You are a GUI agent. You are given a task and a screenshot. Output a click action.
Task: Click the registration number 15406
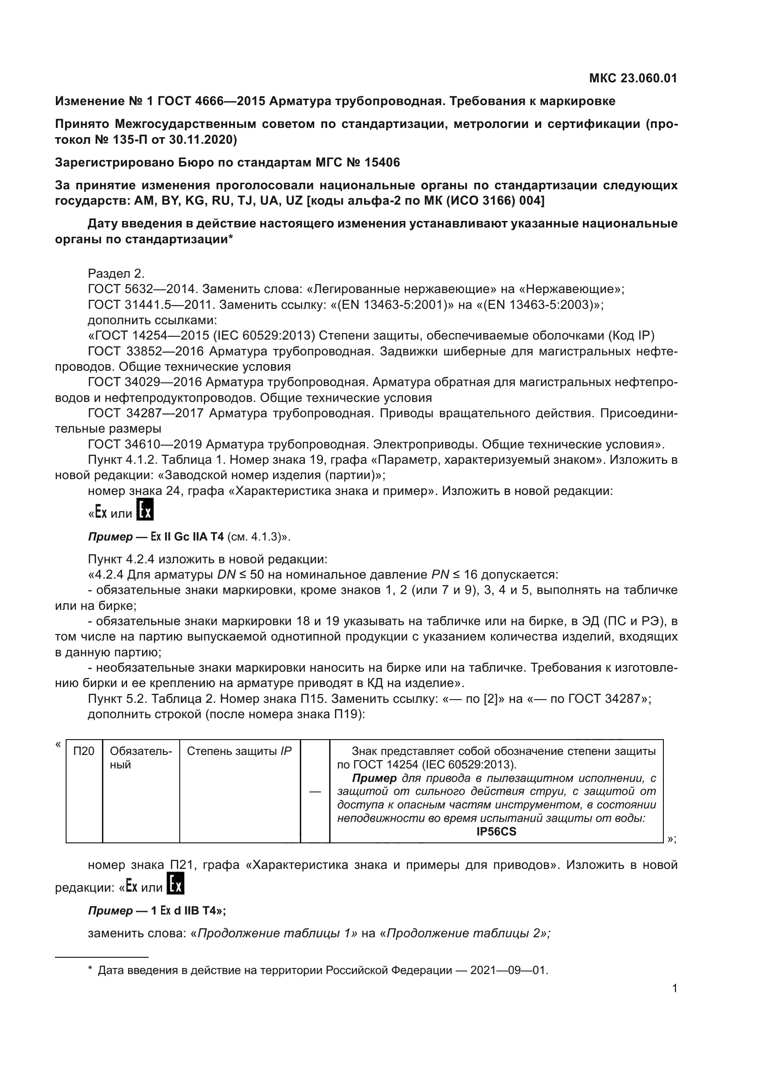click(x=382, y=162)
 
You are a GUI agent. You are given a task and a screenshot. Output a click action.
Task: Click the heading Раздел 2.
click(x=116, y=274)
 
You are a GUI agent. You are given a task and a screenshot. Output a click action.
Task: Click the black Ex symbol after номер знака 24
click(x=145, y=509)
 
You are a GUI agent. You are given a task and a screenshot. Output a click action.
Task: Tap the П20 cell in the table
click(x=84, y=751)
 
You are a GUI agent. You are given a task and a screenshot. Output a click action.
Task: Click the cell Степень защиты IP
click(x=239, y=751)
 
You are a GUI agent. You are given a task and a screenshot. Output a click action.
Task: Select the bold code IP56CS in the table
click(x=496, y=832)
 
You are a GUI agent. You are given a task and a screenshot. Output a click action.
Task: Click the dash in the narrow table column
click(x=315, y=791)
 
